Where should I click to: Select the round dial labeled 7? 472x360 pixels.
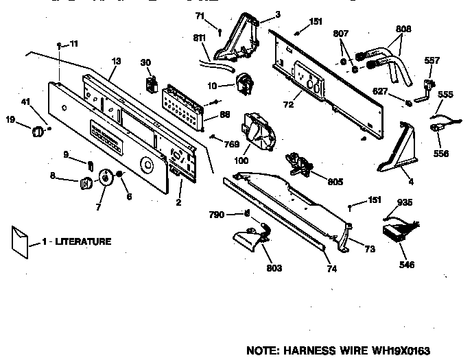click(x=106, y=178)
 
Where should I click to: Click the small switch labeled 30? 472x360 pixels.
click(x=150, y=85)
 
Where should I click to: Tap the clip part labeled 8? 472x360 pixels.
click(x=86, y=182)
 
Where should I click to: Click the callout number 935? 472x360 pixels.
click(x=404, y=204)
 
